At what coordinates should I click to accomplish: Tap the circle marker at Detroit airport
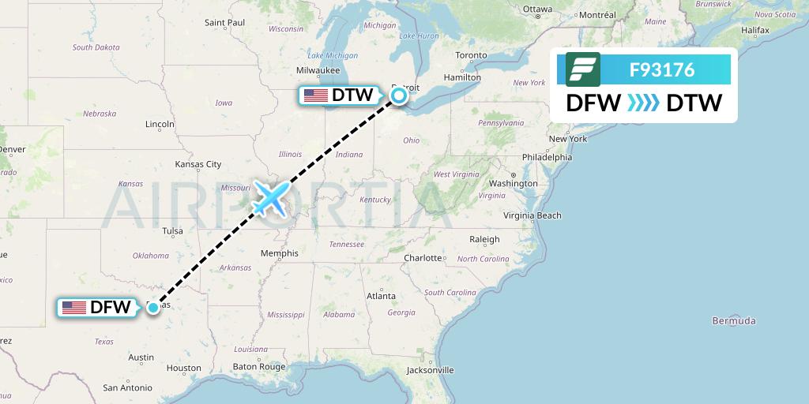click(x=399, y=95)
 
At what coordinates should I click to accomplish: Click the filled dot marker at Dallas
click(x=152, y=308)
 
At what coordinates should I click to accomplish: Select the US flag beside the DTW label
click(x=315, y=95)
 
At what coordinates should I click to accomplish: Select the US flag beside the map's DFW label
click(x=73, y=308)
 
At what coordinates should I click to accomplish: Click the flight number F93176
click(x=662, y=70)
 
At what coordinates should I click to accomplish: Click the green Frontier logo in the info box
click(x=583, y=69)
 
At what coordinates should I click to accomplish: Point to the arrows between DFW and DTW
click(x=643, y=103)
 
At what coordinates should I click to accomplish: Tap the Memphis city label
click(x=280, y=253)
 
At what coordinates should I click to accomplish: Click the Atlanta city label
click(x=381, y=296)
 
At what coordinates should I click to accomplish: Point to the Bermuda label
click(x=734, y=320)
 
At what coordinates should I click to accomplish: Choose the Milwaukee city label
click(x=318, y=70)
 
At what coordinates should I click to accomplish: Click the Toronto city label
click(x=472, y=55)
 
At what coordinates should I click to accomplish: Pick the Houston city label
click(x=183, y=368)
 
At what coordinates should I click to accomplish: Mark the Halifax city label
click(x=755, y=30)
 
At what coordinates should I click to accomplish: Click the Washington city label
click(x=513, y=183)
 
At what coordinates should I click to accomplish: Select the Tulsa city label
click(x=172, y=231)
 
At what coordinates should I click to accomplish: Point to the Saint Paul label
click(x=224, y=22)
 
